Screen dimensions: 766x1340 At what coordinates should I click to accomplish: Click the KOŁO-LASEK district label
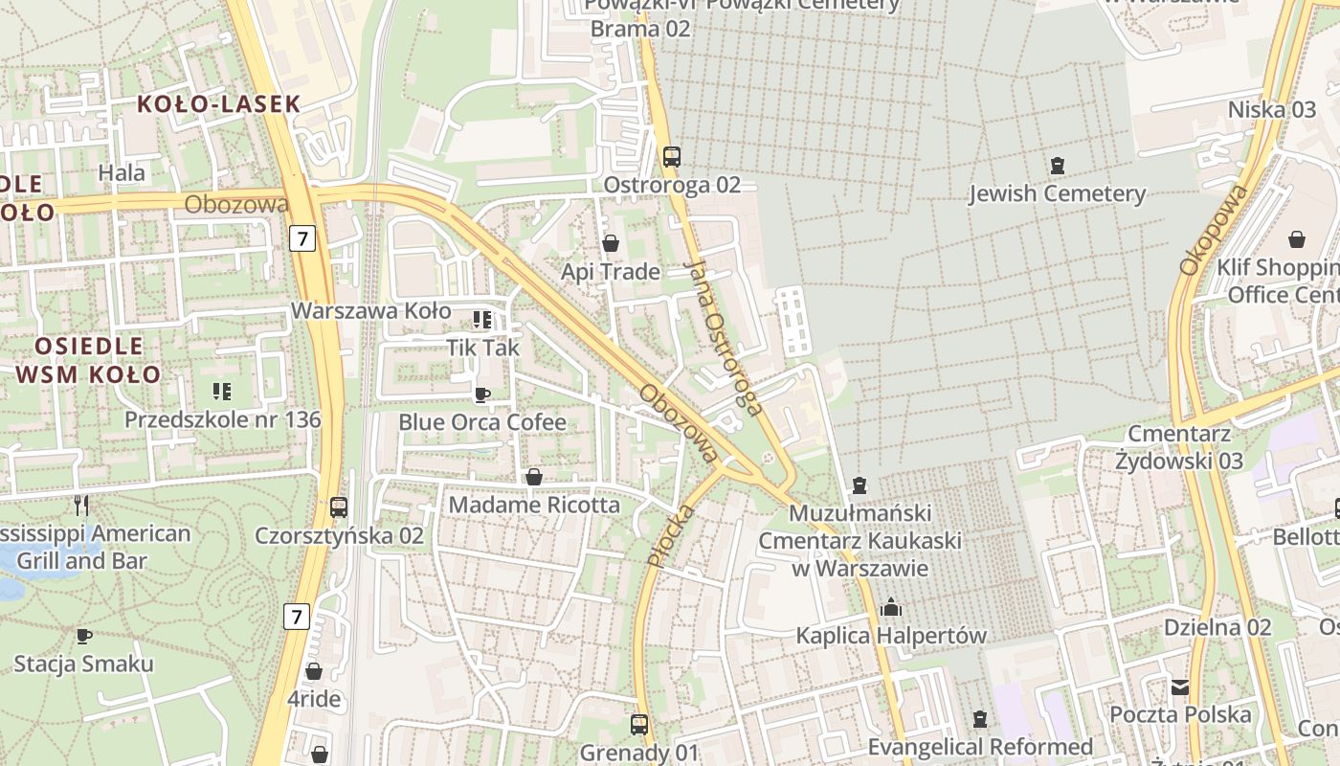[218, 104]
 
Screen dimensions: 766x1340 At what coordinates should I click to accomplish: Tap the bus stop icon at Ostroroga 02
[672, 156]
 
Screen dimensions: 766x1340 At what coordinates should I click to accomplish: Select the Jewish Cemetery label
[1057, 194]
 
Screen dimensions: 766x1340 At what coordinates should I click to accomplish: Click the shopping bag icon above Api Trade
[611, 243]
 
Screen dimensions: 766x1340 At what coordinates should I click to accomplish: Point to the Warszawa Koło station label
[370, 311]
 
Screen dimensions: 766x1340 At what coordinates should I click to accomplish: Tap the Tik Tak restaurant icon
[481, 319]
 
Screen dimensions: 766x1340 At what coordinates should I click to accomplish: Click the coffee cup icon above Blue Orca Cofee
[482, 394]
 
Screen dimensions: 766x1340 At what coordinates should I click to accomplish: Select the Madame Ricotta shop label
[534, 505]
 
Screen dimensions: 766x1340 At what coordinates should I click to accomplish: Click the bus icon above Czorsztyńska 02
[339, 507]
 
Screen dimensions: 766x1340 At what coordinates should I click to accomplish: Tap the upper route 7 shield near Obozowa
[302, 237]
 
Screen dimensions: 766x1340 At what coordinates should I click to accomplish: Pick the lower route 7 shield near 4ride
[297, 617]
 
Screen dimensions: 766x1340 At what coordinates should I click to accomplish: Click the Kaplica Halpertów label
[891, 636]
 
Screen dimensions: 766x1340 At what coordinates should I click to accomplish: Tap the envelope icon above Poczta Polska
[1179, 687]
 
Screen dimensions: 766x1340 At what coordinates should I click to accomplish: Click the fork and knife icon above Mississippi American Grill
[81, 505]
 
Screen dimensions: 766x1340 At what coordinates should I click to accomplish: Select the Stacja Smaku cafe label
[83, 664]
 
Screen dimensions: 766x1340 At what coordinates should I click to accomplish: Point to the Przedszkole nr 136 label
[222, 419]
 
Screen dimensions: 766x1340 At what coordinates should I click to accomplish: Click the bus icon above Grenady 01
[639, 725]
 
